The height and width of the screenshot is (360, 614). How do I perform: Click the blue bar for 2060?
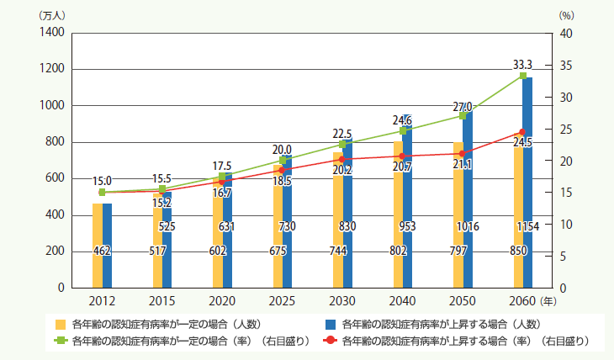pyautogui.click(x=527, y=185)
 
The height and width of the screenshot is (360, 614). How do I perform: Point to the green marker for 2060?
pyautogui.click(x=523, y=76)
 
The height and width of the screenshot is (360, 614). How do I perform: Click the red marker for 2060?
pyautogui.click(x=521, y=132)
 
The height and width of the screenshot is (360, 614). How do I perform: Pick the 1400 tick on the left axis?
pyautogui.click(x=51, y=33)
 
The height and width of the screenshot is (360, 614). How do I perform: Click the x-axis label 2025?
pyautogui.click(x=282, y=300)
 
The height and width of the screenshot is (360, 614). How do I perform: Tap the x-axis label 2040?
pyautogui.click(x=402, y=300)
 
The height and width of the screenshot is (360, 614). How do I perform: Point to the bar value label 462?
pyautogui.click(x=102, y=251)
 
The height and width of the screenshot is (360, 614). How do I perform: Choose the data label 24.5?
pyautogui.click(x=522, y=143)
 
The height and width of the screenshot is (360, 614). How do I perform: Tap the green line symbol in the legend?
pyautogui.click(x=60, y=341)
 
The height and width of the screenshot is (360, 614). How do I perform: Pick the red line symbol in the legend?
pyautogui.click(x=330, y=341)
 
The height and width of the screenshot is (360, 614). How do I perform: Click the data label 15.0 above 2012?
pyautogui.click(x=102, y=180)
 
